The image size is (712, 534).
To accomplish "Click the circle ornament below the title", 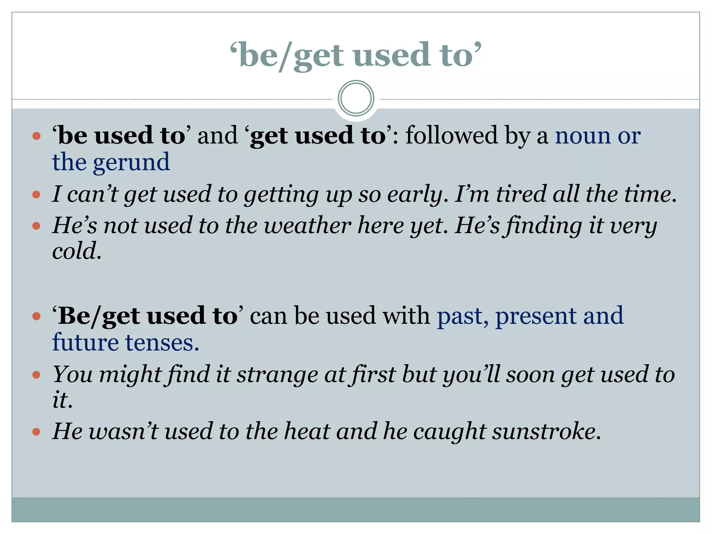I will tap(356, 98).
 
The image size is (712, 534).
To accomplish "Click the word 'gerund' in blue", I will tap(131, 163).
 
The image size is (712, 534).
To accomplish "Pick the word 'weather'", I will tap(307, 226).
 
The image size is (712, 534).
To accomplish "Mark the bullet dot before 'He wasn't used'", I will tap(36, 432).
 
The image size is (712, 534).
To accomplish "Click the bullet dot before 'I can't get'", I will tap(36, 194).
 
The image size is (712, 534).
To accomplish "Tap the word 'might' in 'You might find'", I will tap(130, 375).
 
